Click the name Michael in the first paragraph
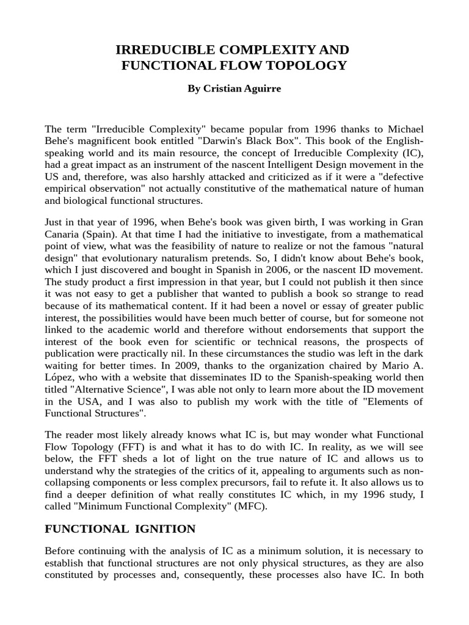click(x=401, y=129)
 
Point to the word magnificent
click(x=105, y=142)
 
